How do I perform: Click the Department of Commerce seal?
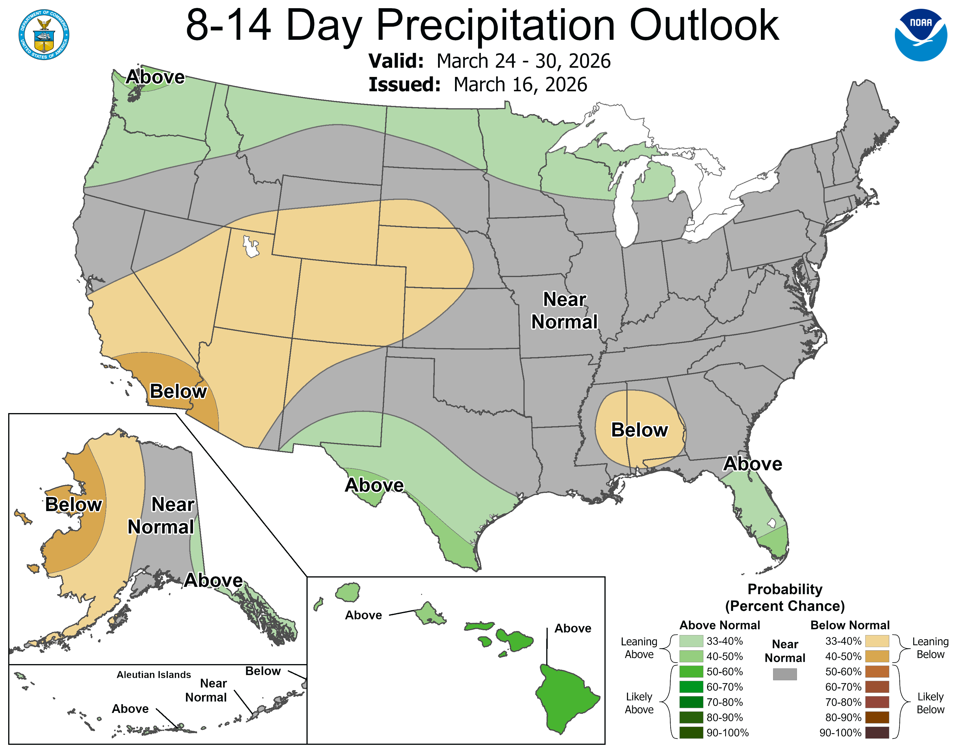pyautogui.click(x=44, y=35)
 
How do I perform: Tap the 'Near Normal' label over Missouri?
pyautogui.click(x=564, y=311)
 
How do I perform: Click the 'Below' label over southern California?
pyautogui.click(x=178, y=391)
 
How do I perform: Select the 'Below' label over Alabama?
pyautogui.click(x=639, y=430)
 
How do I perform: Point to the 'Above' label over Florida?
pyautogui.click(x=752, y=464)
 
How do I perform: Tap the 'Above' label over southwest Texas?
pyautogui.click(x=374, y=485)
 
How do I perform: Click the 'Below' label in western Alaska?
pyautogui.click(x=74, y=505)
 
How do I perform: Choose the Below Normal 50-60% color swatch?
pyautogui.click(x=877, y=672)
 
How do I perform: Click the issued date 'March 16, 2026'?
pyautogui.click(x=520, y=85)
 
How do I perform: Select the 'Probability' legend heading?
pyautogui.click(x=785, y=589)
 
